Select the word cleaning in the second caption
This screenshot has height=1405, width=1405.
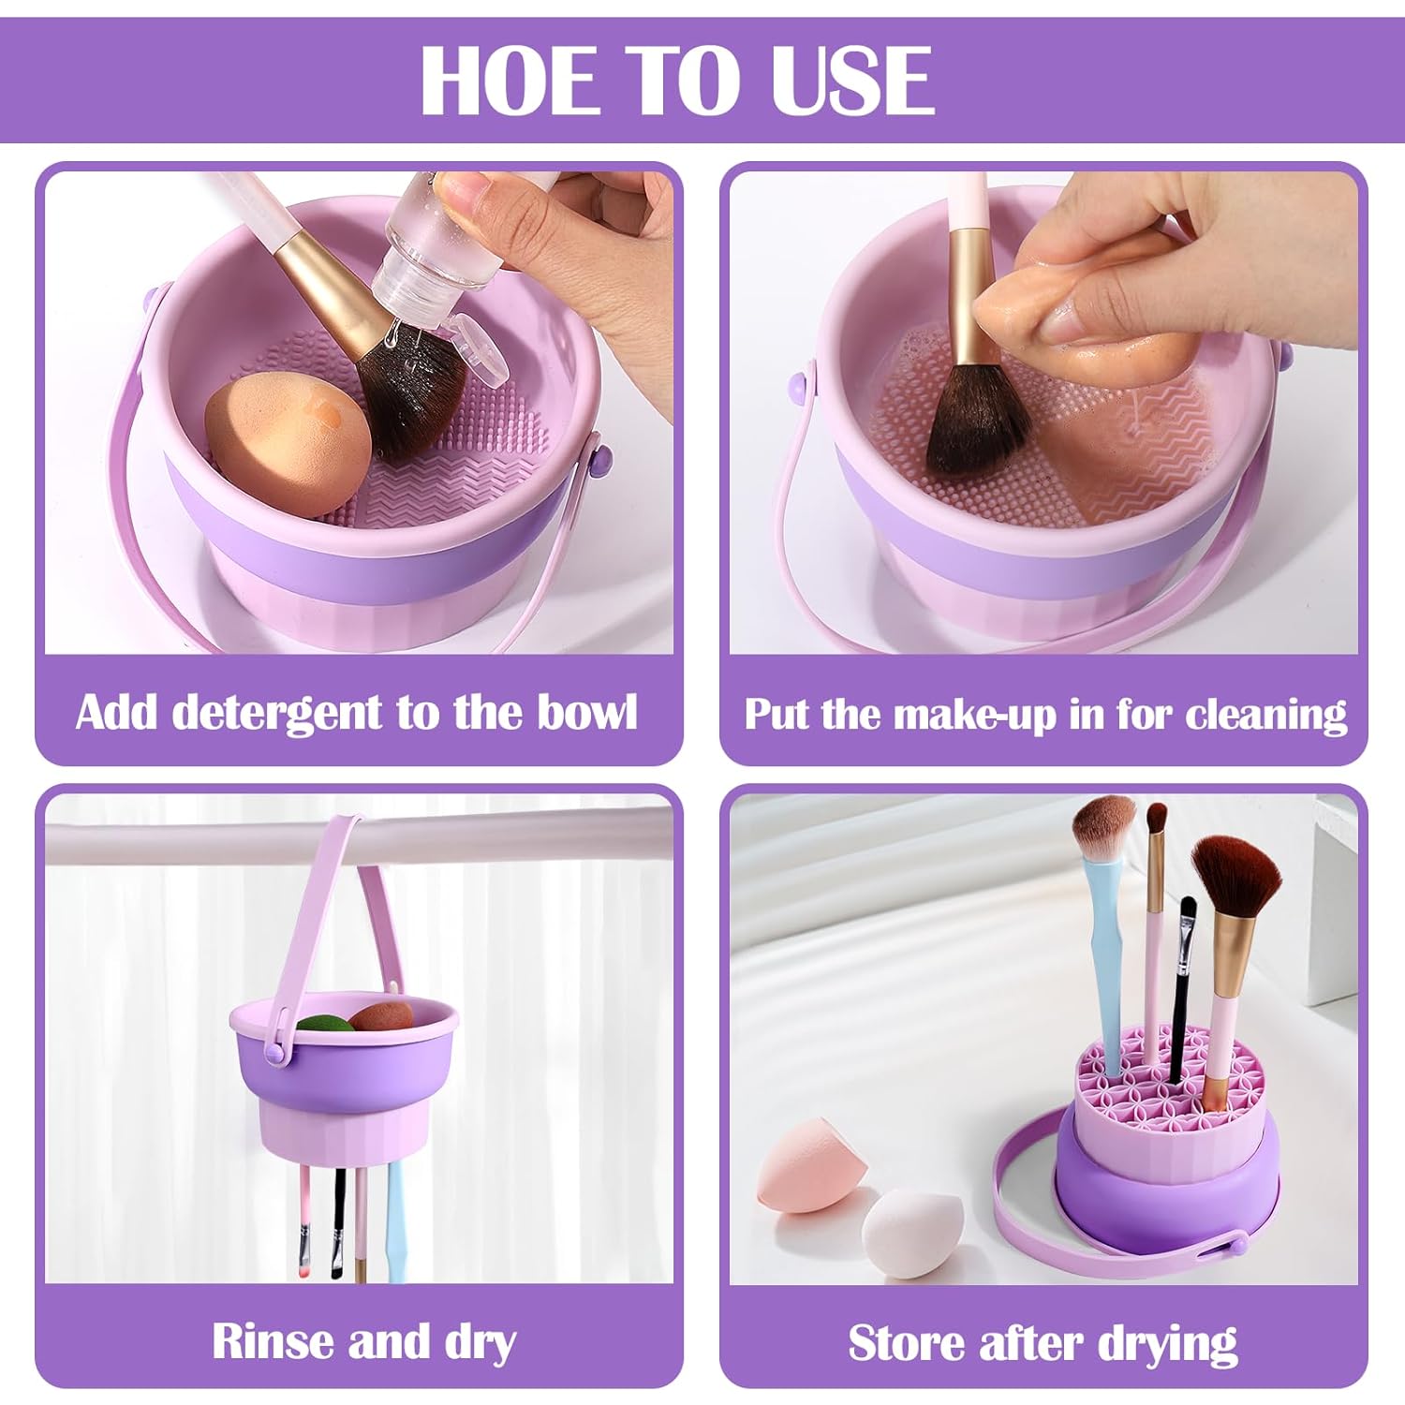point(1266,716)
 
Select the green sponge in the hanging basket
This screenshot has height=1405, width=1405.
point(326,1024)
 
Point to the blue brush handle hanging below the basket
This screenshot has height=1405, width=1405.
point(395,1218)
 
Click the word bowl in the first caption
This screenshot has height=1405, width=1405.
point(588,712)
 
